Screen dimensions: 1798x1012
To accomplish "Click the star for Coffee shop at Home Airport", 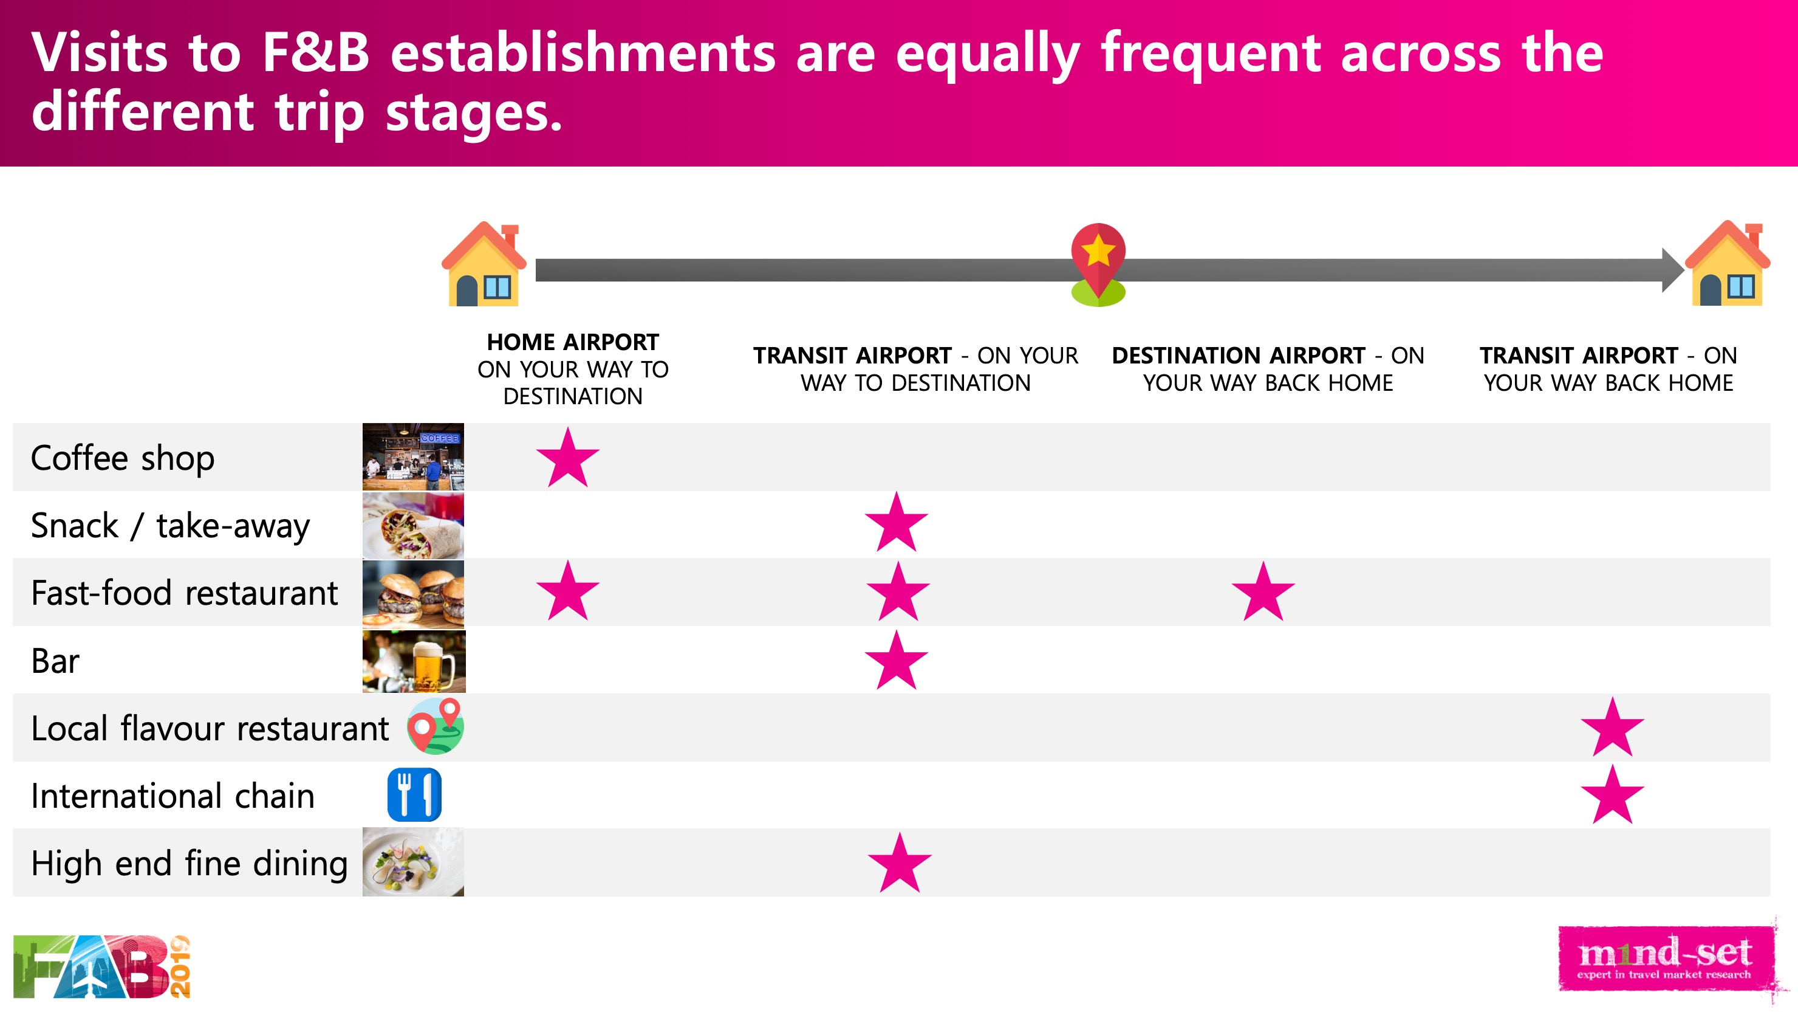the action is coord(567,459).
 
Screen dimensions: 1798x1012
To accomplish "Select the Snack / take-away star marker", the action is coord(896,523).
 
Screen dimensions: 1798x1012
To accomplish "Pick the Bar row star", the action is coord(896,661).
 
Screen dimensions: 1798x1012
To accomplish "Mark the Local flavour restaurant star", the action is coord(1612,728).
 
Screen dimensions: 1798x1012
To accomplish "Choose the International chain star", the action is coord(1612,796).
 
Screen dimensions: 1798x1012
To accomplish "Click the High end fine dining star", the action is coord(900,863).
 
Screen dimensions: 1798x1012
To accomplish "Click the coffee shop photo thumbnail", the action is coord(413,456).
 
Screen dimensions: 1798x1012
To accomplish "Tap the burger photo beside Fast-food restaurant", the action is coord(413,593).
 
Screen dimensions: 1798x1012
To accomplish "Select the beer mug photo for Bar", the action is coord(414,661).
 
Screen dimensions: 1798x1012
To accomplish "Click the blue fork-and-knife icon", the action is coord(415,795).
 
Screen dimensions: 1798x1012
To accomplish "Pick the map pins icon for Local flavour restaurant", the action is coord(436,726).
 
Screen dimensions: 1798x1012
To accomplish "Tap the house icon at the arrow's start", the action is coord(484,264).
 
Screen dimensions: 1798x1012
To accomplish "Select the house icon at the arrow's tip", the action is coord(1728,263).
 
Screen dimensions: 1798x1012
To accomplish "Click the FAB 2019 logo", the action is coord(102,966).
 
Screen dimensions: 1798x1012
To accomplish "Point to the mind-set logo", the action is coord(1666,959).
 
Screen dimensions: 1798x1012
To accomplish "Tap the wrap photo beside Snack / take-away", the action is coord(413,525).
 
